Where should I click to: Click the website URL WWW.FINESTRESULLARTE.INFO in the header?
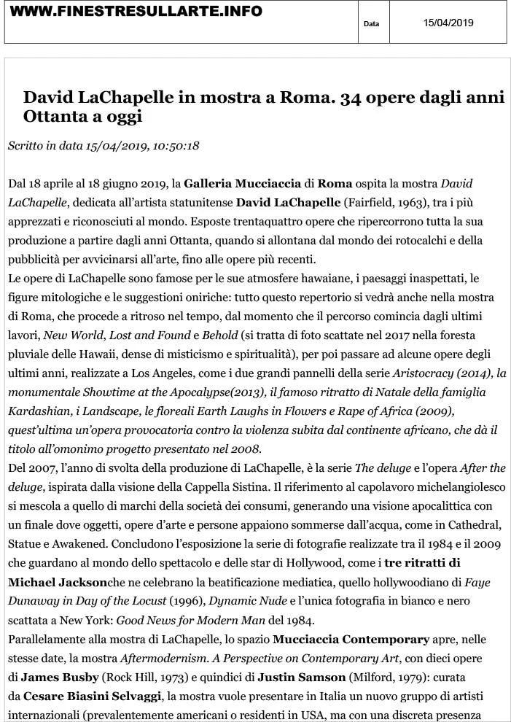pos(136,12)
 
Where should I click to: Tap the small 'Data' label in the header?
pos(372,24)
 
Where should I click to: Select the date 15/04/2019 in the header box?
pos(448,23)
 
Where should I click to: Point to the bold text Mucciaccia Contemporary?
pos(351,640)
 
